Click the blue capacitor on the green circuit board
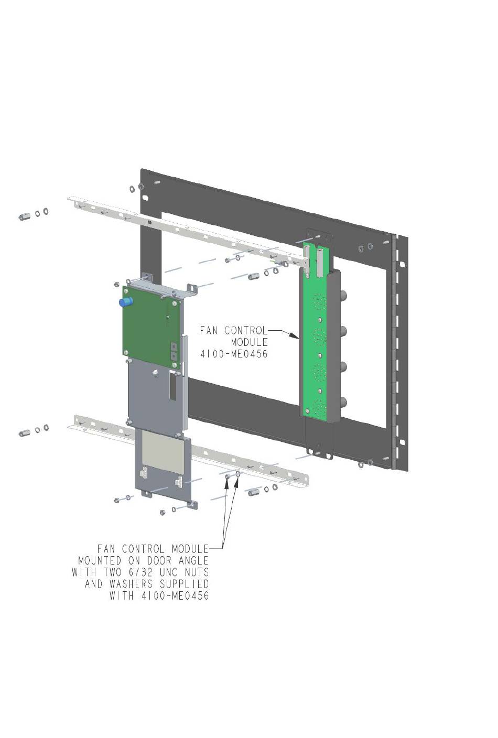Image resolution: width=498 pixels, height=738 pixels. click(126, 301)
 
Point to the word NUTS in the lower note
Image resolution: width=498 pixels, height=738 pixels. click(197, 572)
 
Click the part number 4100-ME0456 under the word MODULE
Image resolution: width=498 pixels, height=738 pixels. click(234, 354)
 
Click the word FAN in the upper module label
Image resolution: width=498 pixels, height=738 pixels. click(209, 330)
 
